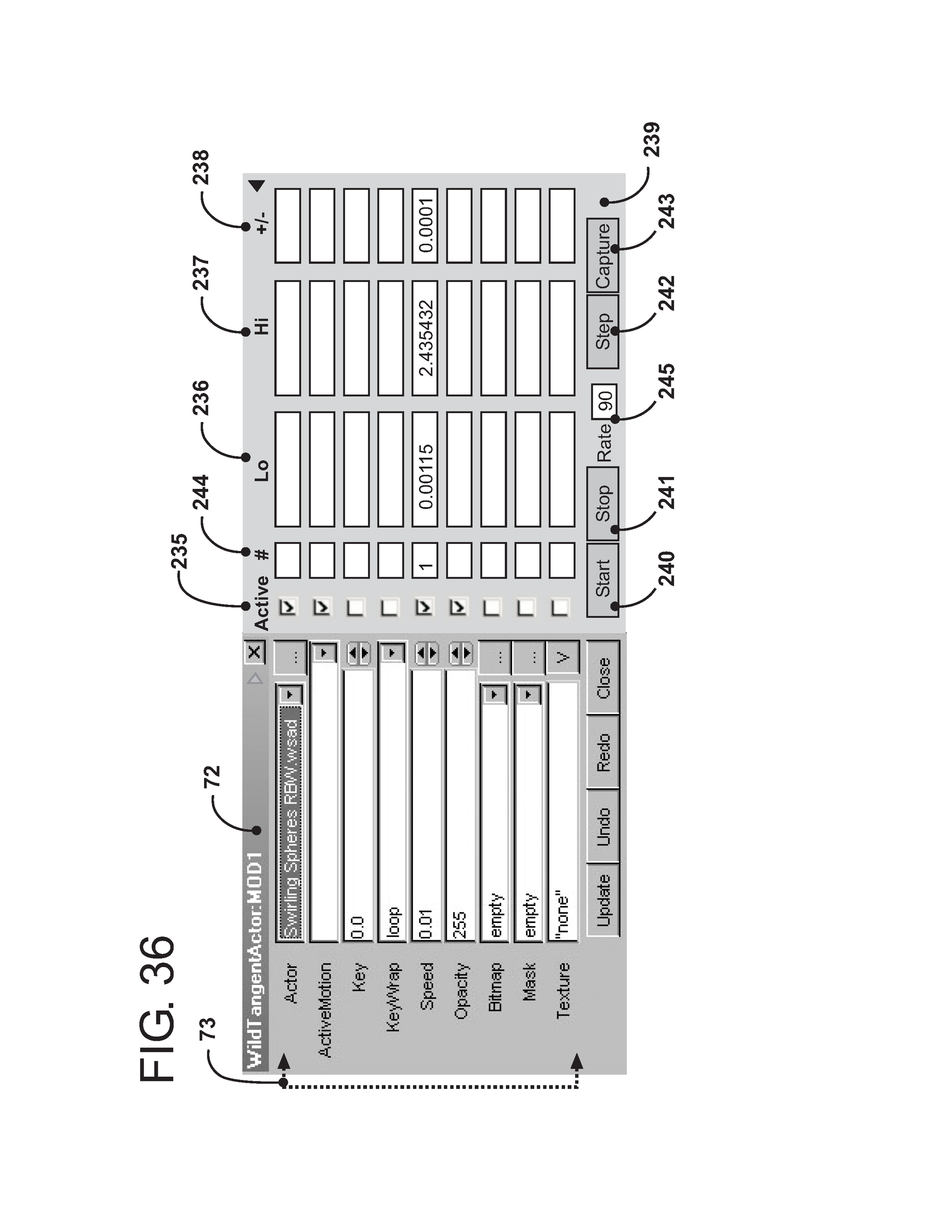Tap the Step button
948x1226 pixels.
point(602,332)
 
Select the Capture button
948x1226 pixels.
point(602,255)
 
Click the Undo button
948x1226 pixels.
point(603,826)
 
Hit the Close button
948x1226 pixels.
point(603,678)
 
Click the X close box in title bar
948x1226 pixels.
point(254,652)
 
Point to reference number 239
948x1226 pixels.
point(651,139)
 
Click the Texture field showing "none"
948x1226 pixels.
point(562,808)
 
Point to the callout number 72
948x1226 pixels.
point(212,778)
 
